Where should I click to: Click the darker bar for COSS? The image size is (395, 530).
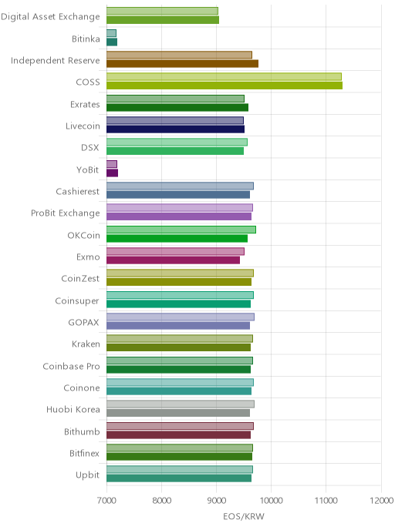[225, 86]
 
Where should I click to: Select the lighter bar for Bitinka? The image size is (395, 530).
[111, 33]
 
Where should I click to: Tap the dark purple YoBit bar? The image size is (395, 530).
[113, 173]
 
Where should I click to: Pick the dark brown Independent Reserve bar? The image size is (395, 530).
[182, 63]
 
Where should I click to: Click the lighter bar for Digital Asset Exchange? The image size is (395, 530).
[163, 11]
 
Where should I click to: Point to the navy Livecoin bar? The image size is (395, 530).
[175, 129]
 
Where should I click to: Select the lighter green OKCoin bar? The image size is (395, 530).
[181, 230]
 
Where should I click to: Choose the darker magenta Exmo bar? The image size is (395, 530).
[174, 260]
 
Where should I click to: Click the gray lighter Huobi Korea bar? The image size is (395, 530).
[181, 404]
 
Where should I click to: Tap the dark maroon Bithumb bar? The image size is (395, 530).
[179, 434]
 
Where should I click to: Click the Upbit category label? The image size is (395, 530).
[88, 475]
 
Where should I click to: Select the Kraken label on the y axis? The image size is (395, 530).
[86, 344]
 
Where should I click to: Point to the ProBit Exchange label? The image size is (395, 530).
[66, 213]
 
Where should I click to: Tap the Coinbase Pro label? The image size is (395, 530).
[72, 366]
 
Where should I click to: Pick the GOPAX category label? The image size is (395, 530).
[83, 323]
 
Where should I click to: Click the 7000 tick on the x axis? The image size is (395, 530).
[106, 500]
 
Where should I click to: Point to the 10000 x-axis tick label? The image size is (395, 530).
[271, 500]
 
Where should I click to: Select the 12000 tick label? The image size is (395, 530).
[381, 500]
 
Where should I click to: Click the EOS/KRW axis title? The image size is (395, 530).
[244, 516]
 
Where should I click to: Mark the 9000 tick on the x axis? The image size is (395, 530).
[216, 500]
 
